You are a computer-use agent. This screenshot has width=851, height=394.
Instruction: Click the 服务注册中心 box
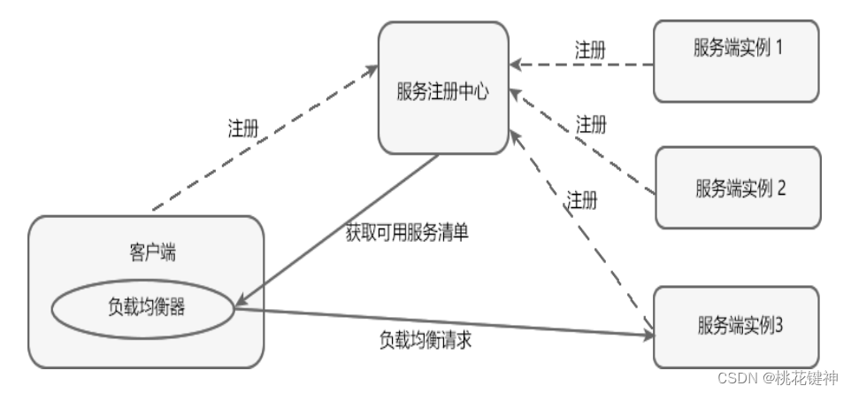[x=443, y=89]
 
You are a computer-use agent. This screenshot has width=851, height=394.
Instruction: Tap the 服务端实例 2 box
[x=738, y=188]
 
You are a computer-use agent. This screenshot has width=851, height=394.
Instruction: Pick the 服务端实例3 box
[x=737, y=327]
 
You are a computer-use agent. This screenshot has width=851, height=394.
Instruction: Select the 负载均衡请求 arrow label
[x=425, y=339]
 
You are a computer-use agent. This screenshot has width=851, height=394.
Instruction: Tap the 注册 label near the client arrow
[x=243, y=127]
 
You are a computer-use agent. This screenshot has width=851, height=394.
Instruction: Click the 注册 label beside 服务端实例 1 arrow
[x=590, y=50]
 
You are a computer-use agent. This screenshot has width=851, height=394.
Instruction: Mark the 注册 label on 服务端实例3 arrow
[x=581, y=200]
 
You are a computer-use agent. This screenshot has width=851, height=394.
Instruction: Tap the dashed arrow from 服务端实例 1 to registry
[x=584, y=65]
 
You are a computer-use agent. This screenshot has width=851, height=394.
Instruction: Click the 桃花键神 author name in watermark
[x=806, y=378]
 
